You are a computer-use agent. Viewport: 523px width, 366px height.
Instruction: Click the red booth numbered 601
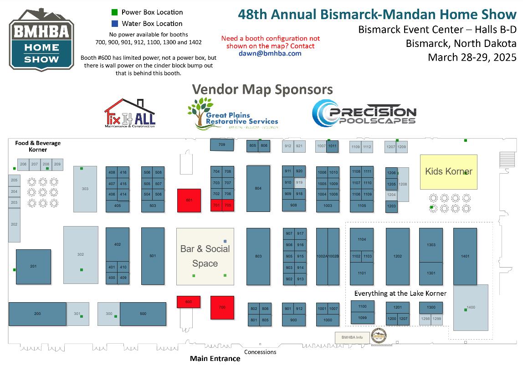(189, 200)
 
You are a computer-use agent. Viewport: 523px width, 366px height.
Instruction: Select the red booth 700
(222, 308)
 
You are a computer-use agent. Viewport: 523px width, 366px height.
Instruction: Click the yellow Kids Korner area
(448, 172)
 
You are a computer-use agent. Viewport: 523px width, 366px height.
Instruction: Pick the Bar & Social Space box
(205, 257)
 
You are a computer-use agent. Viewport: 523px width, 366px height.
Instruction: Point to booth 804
(258, 188)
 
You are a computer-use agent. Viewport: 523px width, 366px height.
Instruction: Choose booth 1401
(465, 256)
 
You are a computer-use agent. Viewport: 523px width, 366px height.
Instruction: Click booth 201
(33, 266)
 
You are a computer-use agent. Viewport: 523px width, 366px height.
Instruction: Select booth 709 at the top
(222, 145)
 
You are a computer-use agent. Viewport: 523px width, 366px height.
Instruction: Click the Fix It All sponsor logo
(130, 113)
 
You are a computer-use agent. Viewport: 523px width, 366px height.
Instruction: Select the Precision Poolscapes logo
(364, 113)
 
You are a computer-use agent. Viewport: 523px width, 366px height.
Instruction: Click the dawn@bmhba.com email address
(270, 53)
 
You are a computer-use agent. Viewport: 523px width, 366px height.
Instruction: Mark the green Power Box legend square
(115, 12)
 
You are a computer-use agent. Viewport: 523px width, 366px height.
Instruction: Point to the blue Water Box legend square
(115, 24)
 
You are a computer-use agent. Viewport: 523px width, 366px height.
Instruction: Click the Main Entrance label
(215, 359)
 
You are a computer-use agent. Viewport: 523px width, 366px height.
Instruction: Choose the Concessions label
(261, 352)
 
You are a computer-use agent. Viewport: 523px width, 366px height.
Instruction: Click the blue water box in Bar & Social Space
(225, 241)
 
